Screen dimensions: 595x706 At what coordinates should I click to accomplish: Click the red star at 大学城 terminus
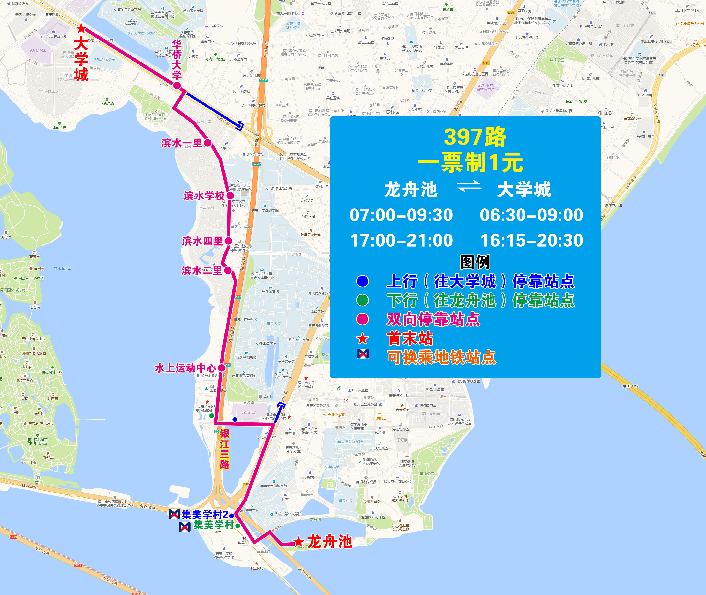coord(81,28)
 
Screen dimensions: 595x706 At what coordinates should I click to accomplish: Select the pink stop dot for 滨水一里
coord(208,143)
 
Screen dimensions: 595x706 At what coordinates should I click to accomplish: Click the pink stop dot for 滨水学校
coord(230,196)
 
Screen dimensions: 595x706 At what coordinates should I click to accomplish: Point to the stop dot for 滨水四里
coord(228,241)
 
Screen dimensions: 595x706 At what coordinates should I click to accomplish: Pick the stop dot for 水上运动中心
coord(222,368)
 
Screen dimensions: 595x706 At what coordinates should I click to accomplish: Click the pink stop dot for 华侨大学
coord(177,86)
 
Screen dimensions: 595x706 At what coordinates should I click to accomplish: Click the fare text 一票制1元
coord(471,162)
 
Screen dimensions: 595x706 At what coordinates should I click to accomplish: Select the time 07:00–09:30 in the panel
coord(401,215)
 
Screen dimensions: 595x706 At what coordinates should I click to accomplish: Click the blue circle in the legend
coord(363,281)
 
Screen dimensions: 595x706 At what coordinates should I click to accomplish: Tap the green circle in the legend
coord(363,300)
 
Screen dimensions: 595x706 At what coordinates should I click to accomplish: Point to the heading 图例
coord(475,262)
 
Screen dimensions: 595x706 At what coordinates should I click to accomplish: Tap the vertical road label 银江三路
coord(224,449)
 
